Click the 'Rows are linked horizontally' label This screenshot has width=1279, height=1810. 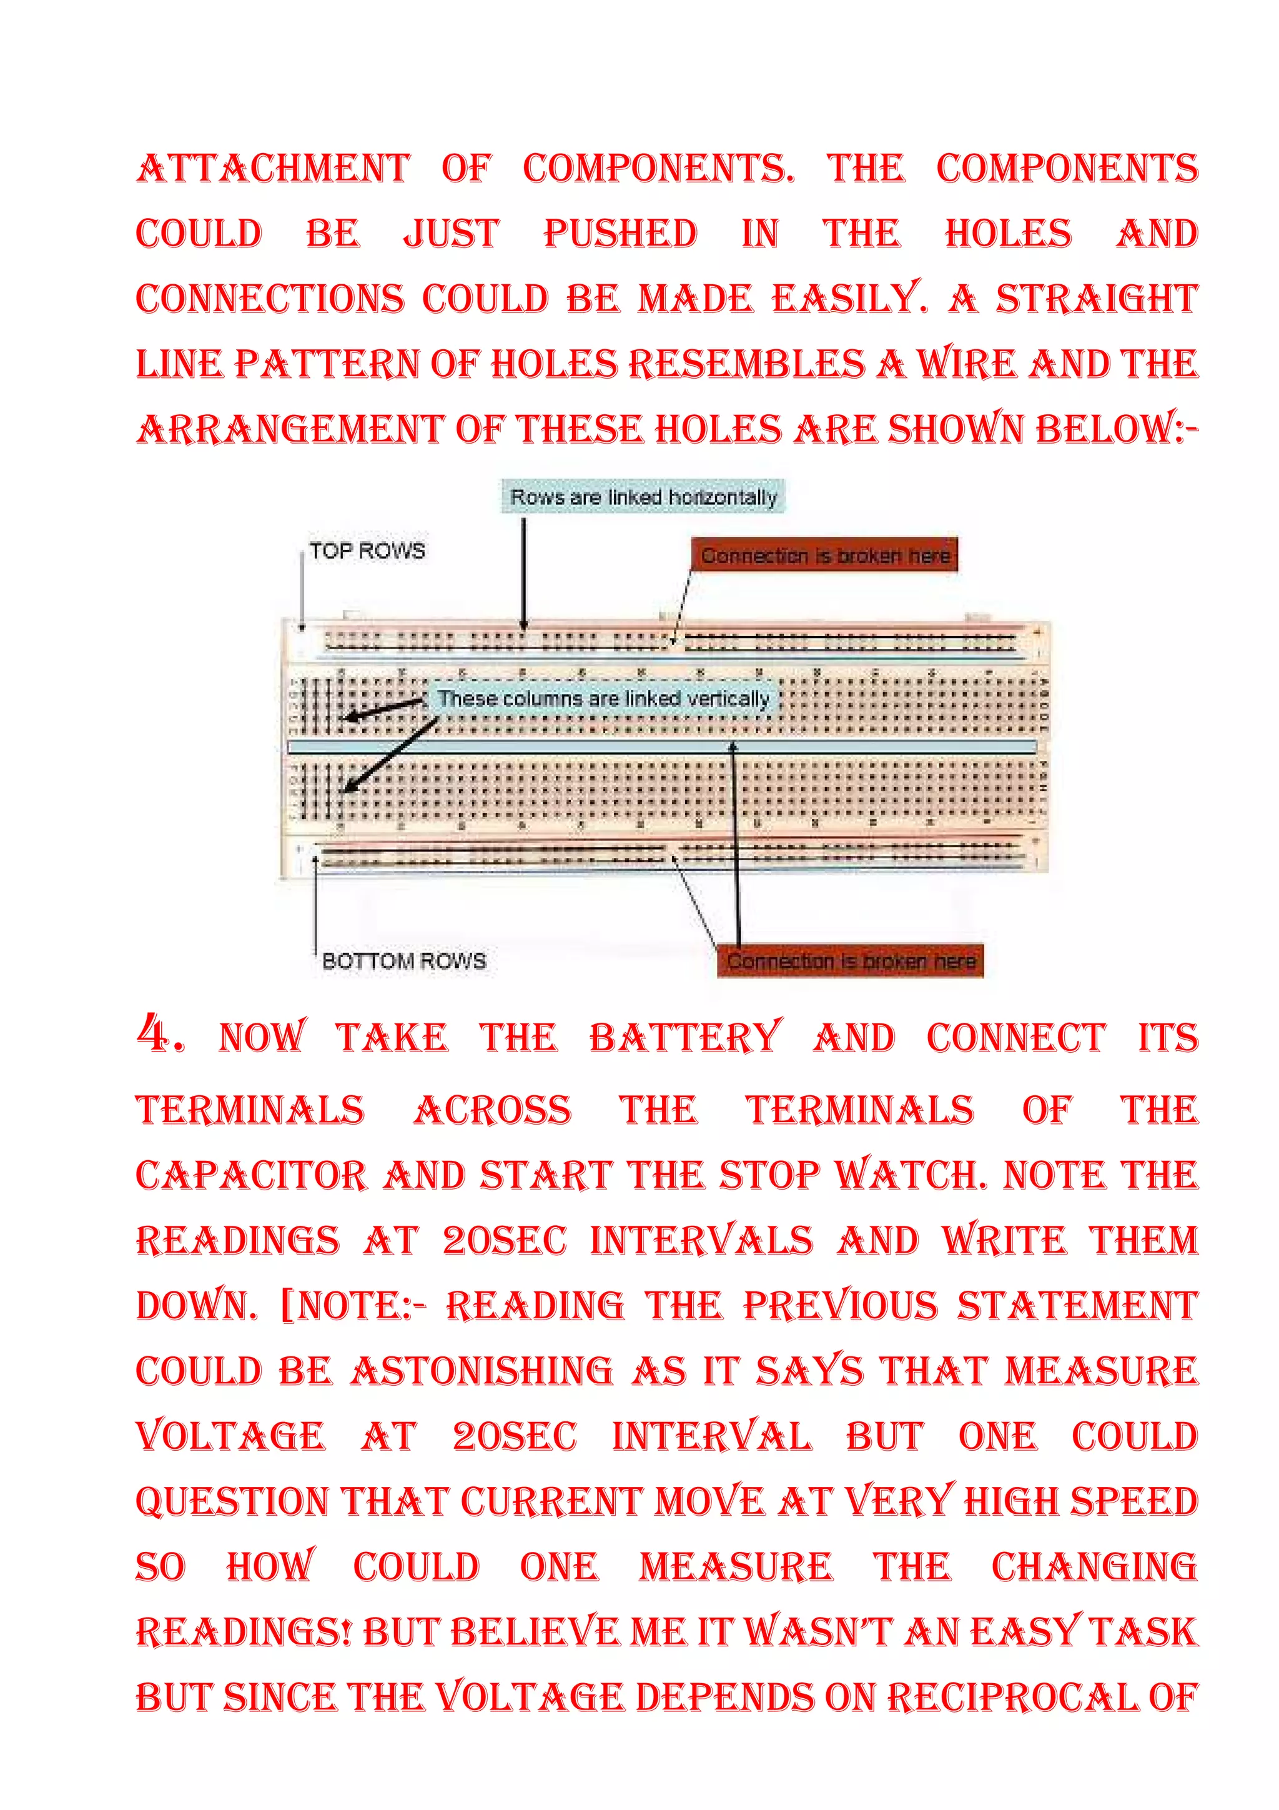tap(643, 497)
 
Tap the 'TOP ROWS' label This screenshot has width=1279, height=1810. tap(367, 550)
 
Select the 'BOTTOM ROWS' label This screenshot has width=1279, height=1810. tap(403, 960)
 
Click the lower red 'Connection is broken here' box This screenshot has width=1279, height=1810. tap(851, 961)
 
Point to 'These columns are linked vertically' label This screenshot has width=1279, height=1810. tap(603, 699)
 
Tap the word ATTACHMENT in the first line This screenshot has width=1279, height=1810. tap(274, 169)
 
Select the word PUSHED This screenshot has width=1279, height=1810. tap(620, 234)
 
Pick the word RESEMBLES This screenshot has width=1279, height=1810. tap(746, 364)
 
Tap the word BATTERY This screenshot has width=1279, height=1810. tap(685, 1037)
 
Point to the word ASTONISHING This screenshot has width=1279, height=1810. tap(481, 1371)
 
